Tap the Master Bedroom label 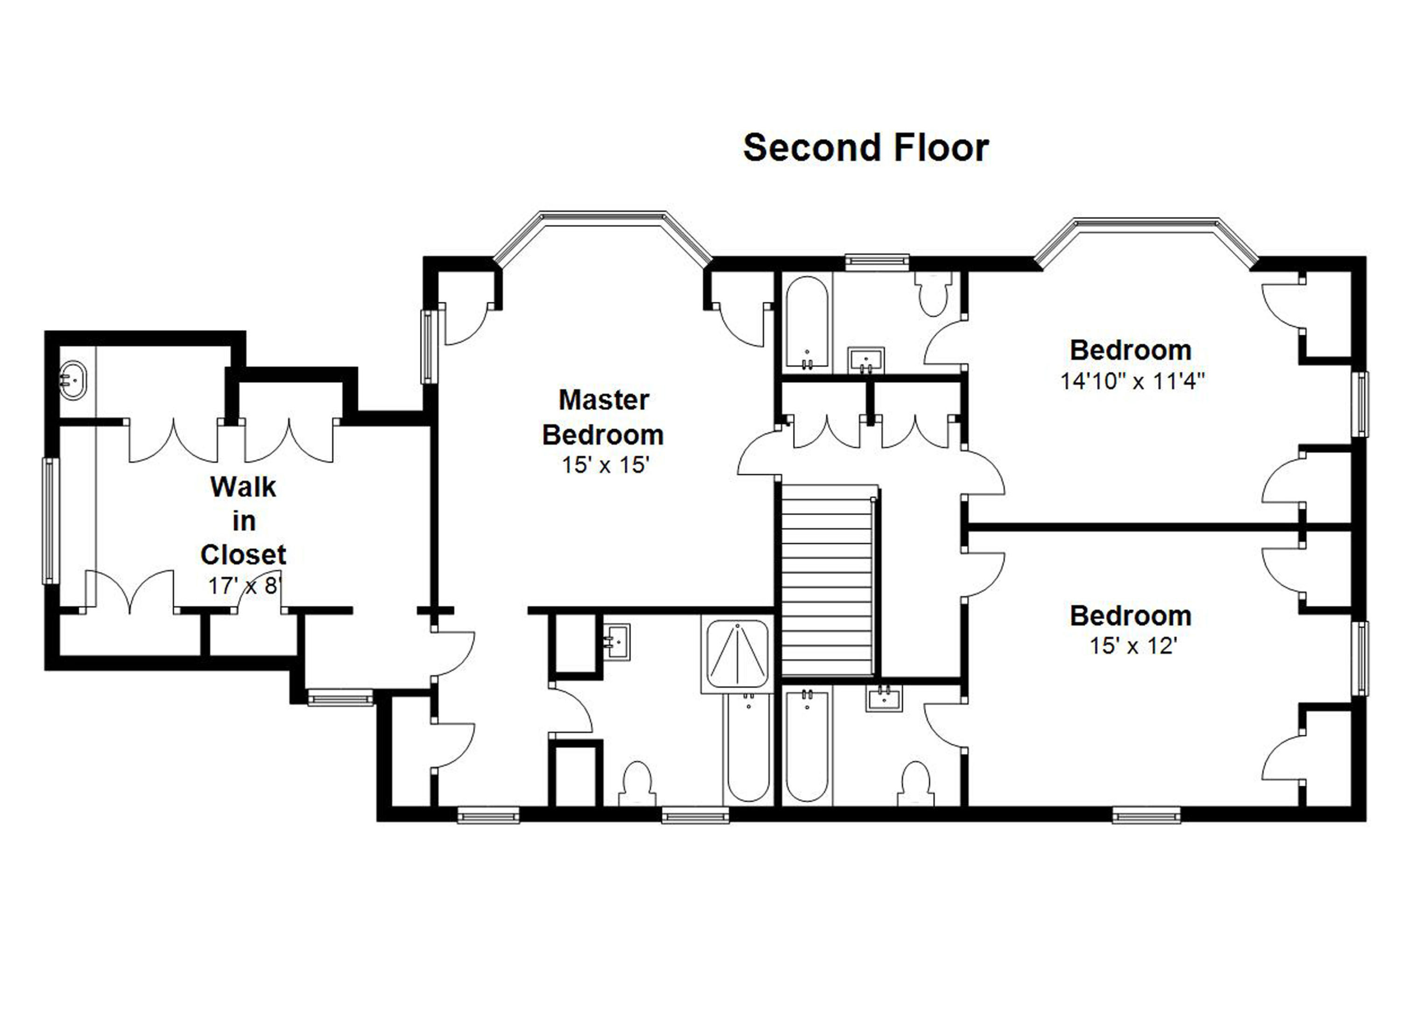coord(603,417)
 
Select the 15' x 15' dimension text coord(605,465)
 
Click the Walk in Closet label coord(243,520)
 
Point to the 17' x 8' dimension coord(245,585)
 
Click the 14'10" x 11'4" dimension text coord(1133,381)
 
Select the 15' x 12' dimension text coord(1133,646)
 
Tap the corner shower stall coord(737,654)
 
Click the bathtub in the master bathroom coord(748,750)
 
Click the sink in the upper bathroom coord(867,361)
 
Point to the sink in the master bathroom coord(616,641)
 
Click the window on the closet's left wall coord(50,520)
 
